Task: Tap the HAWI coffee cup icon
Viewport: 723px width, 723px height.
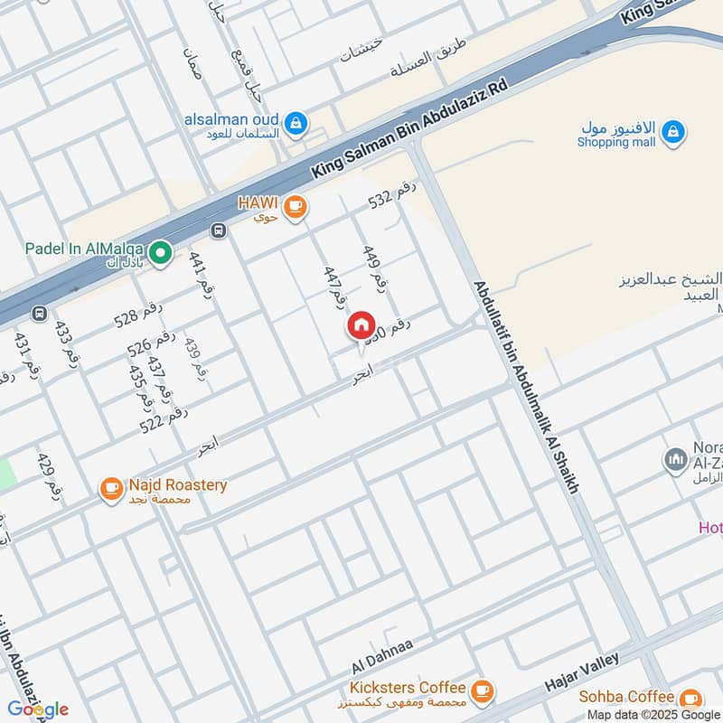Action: click(x=295, y=208)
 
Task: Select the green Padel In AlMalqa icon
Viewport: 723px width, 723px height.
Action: click(x=161, y=254)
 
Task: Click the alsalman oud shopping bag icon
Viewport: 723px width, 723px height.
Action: click(x=295, y=124)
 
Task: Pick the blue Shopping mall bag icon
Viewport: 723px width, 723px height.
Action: click(x=672, y=134)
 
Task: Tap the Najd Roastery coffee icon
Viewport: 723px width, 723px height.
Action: click(x=111, y=489)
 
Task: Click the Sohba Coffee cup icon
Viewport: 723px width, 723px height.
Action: click(x=690, y=700)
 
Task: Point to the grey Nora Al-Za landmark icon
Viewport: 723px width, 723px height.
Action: click(x=675, y=460)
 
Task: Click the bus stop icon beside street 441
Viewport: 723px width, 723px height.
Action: click(x=218, y=230)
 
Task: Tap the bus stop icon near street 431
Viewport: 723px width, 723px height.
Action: click(x=39, y=314)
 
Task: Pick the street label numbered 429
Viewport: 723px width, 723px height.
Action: click(x=51, y=475)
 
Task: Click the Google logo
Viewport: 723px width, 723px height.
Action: click(x=38, y=709)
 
